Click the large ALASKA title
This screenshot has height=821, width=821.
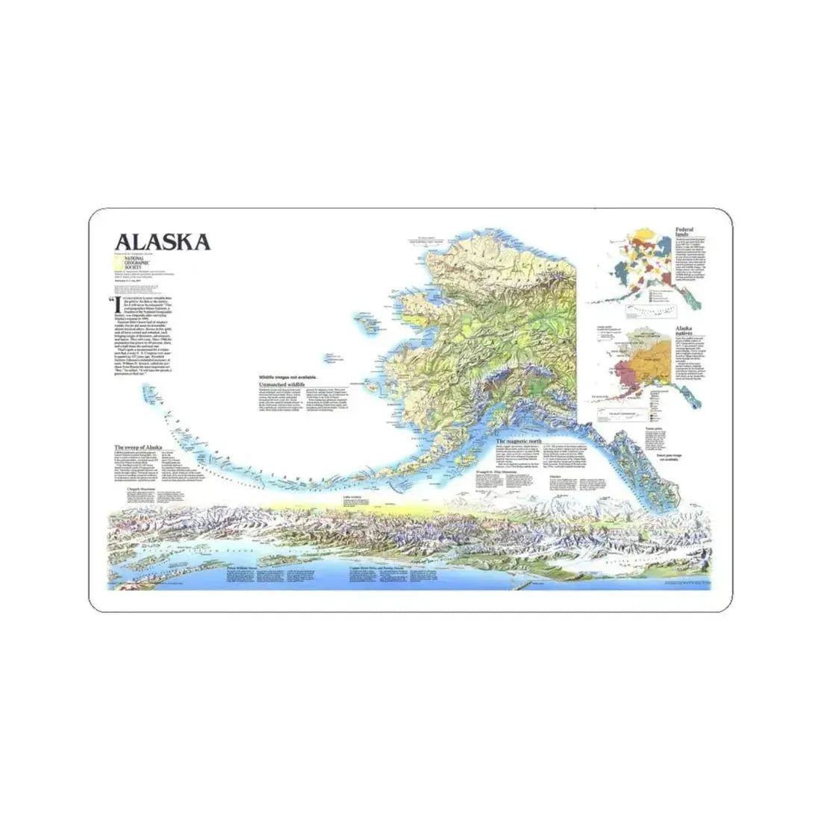161,242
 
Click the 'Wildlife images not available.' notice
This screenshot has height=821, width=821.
283,377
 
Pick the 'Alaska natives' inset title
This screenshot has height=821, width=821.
687,331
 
